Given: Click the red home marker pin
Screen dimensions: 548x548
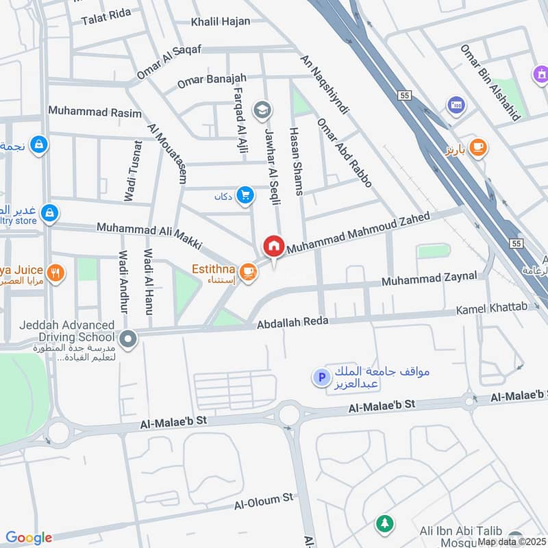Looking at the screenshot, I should (274, 246).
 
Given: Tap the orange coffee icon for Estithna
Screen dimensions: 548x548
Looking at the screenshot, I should (248, 273).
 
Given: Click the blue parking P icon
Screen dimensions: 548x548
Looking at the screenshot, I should (319, 377).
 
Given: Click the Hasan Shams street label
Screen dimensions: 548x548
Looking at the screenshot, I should (296, 161).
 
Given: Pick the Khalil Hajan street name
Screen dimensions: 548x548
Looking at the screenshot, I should (221, 21).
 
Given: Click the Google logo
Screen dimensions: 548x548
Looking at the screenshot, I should (29, 538).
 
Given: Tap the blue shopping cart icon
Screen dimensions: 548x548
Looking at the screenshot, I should (245, 196).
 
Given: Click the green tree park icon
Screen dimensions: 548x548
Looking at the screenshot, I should (385, 524).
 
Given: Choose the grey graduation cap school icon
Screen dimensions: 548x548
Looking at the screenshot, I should (262, 109).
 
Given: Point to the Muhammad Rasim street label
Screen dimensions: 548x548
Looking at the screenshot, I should (95, 111).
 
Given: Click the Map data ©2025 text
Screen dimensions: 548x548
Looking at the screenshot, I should (512, 541).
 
